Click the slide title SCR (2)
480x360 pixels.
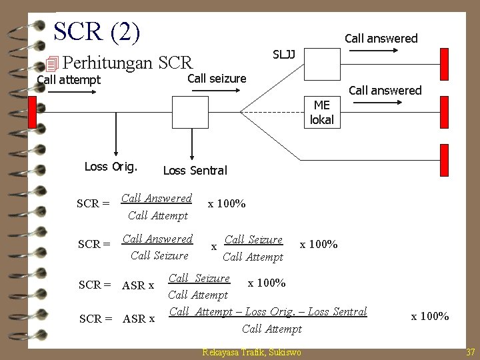pyautogui.click(x=97, y=31)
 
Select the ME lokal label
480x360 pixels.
pyautogui.click(x=322, y=113)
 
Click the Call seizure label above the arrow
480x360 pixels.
pyautogui.click(x=217, y=79)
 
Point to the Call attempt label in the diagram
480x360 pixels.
pyautogui.click(x=69, y=81)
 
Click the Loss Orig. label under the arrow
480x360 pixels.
pyautogui.click(x=111, y=167)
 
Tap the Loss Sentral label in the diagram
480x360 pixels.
pyautogui.click(x=195, y=171)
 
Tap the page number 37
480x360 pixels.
pyautogui.click(x=470, y=352)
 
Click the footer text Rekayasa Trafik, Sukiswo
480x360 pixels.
pyautogui.click(x=251, y=352)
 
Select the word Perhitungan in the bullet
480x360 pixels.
pyautogui.click(x=109, y=63)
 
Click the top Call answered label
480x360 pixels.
pyautogui.click(x=381, y=39)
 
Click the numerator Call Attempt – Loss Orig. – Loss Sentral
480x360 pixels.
pyautogui.click(x=268, y=311)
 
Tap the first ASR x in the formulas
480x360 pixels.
pyautogui.click(x=138, y=285)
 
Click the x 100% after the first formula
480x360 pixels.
pyautogui.click(x=227, y=203)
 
